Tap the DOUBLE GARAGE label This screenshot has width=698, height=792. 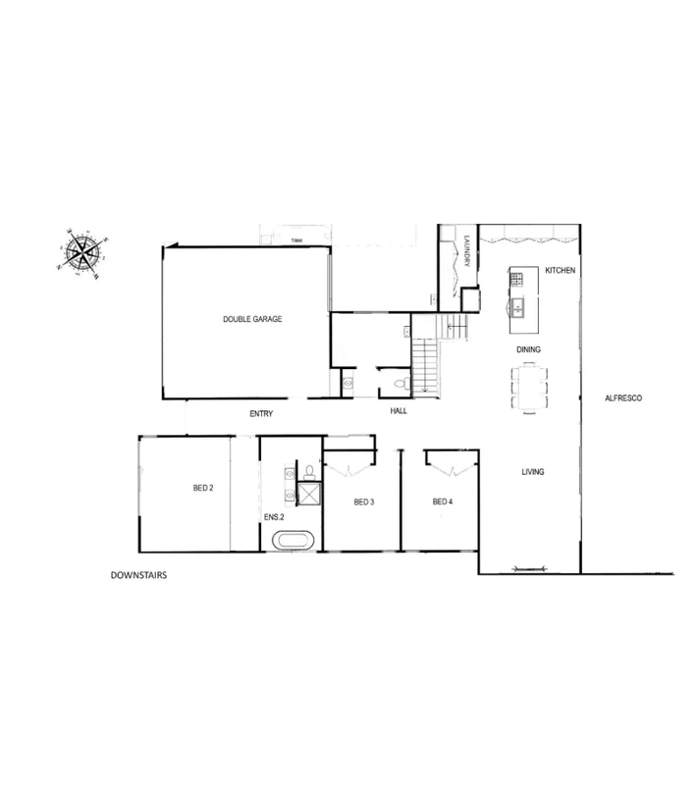[252, 319]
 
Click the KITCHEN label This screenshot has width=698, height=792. [559, 269]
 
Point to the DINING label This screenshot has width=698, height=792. [529, 349]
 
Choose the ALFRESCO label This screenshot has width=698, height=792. [623, 399]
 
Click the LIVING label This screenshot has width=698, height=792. [532, 472]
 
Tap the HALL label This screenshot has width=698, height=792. [398, 411]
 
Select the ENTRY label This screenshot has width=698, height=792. [260, 414]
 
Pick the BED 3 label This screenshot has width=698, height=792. [363, 502]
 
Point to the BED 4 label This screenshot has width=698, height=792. [443, 502]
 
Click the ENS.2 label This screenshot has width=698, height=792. [274, 516]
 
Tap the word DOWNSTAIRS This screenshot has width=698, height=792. [139, 576]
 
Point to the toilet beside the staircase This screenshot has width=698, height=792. [399, 383]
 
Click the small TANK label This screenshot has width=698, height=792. [295, 238]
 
